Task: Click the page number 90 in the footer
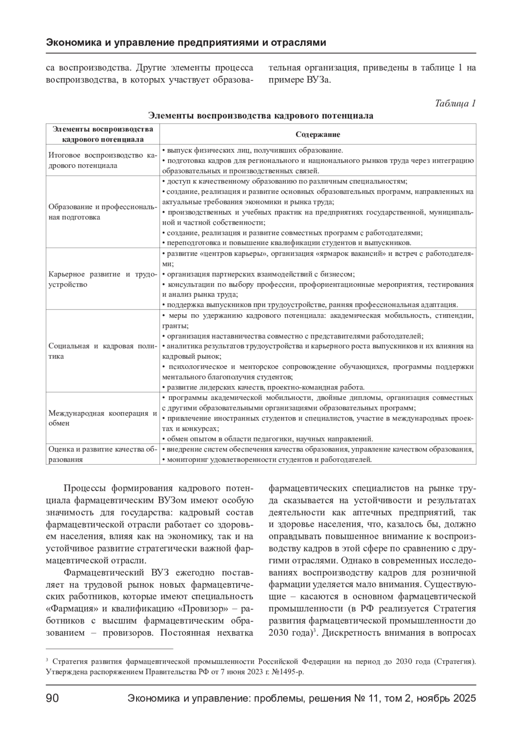[52, 699]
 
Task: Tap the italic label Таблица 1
[455, 103]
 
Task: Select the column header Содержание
[318, 134]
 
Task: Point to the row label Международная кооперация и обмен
[103, 418]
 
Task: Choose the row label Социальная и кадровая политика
[103, 351]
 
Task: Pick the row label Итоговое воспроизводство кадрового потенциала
[103, 160]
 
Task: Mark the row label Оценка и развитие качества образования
[103, 454]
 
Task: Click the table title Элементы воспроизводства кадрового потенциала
[261, 116]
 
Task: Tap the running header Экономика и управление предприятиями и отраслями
[186, 43]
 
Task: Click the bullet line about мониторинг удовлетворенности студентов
[267, 459]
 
